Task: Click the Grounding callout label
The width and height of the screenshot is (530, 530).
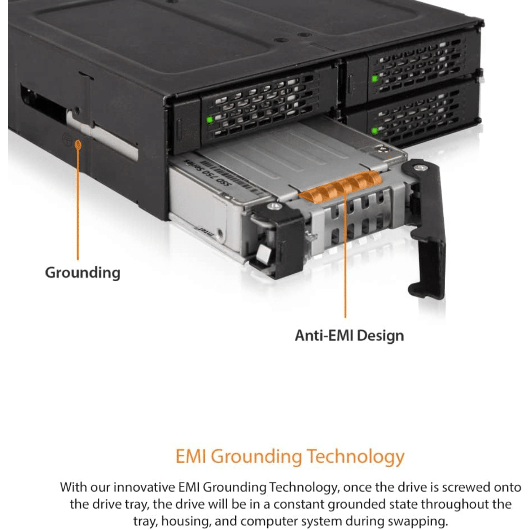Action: click(x=82, y=273)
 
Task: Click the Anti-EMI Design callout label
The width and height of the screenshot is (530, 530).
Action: click(x=349, y=336)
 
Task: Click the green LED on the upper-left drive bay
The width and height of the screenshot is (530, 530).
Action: click(x=210, y=120)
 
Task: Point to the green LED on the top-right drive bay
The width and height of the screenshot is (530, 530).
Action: click(x=374, y=79)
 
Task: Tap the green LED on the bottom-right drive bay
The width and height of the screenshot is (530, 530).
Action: click(x=375, y=130)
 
